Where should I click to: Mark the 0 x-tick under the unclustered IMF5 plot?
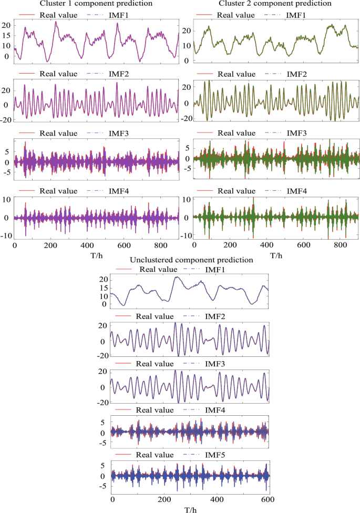tap(112, 498)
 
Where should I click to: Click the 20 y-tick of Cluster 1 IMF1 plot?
tap(7, 25)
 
